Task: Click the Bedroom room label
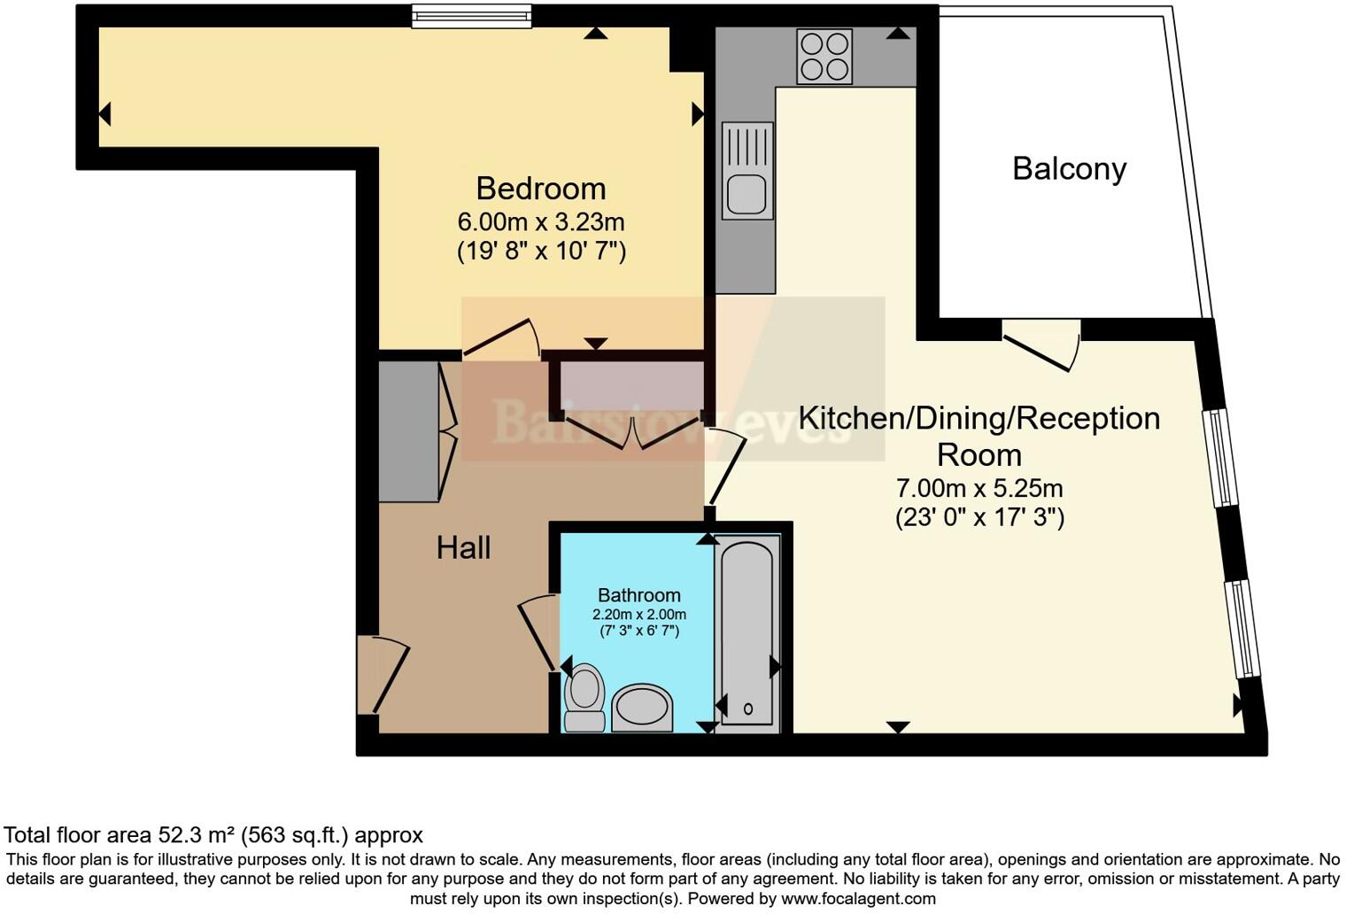tap(541, 189)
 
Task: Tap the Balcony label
tap(1070, 169)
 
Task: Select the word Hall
tap(463, 547)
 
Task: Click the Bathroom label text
tap(638, 595)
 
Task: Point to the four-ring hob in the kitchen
tap(824, 56)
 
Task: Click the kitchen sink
tap(747, 171)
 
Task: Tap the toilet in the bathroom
tap(584, 697)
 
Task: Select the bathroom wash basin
tap(642, 708)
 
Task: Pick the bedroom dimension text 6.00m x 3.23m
tap(541, 222)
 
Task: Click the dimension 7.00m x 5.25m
tap(979, 488)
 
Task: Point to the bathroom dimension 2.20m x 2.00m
tap(638, 615)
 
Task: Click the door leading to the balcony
tap(1041, 346)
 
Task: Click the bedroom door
tap(501, 339)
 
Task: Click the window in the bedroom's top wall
tap(472, 16)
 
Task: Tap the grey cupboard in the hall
tap(408, 430)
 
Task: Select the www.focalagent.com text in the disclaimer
tap(858, 899)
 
